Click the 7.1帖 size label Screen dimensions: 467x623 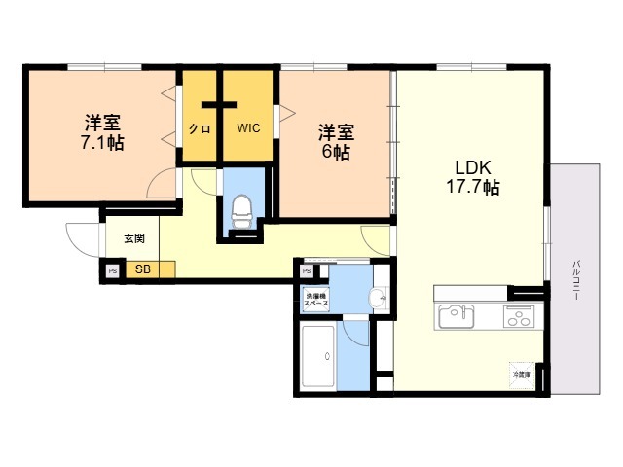click(101, 142)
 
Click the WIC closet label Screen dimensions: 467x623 click(248, 127)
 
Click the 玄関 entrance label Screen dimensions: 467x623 click(134, 237)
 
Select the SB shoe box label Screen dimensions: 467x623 click(143, 269)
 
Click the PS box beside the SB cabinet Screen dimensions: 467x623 click(112, 270)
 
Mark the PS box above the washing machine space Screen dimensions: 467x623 click(307, 271)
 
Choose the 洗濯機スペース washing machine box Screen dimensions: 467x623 click(315, 300)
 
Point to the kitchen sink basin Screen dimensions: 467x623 click(456, 316)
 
